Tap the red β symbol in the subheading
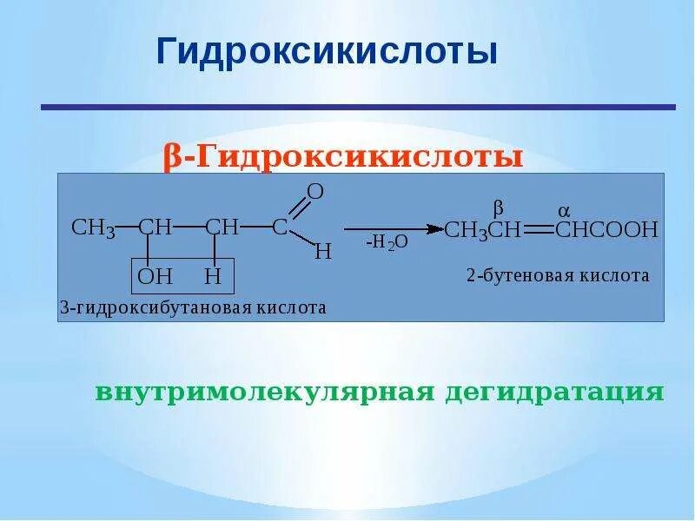pos(172,157)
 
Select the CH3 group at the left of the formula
pos(93,228)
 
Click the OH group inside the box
pos(156,278)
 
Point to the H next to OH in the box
pos(214,278)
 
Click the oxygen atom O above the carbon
pos(315,192)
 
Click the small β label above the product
pos(498,209)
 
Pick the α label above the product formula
pos(563,211)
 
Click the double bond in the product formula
pos(536,230)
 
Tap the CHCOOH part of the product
pos(606,230)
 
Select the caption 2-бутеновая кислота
pos(557,275)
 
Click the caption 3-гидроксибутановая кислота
pos(193,308)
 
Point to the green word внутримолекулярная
pos(264,392)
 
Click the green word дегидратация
pos(555,392)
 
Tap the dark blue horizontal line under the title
pos(358,107)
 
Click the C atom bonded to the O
pos(280,228)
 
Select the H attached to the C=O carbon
pos(322,253)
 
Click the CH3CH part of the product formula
pos(482,230)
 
